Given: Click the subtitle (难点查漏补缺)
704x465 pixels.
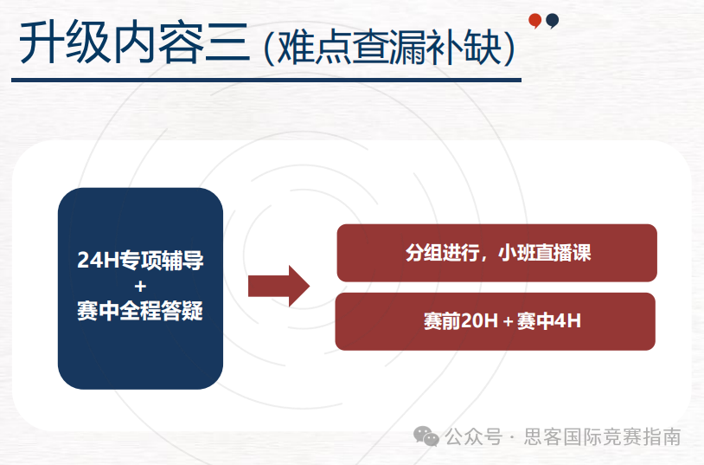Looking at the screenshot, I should click(390, 48).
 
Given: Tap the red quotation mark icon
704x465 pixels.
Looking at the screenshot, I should click(535, 21).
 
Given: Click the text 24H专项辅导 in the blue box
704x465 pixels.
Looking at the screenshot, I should click(140, 260).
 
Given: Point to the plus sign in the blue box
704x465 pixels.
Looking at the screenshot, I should click(140, 286).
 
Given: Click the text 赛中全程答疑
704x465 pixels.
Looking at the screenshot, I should click(140, 311).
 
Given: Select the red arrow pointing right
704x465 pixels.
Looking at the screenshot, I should click(278, 286).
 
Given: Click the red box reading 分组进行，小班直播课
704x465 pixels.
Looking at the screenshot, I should click(496, 253).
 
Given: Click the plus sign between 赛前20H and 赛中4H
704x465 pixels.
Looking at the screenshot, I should click(507, 322).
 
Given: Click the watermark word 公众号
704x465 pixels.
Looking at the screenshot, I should click(473, 437).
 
